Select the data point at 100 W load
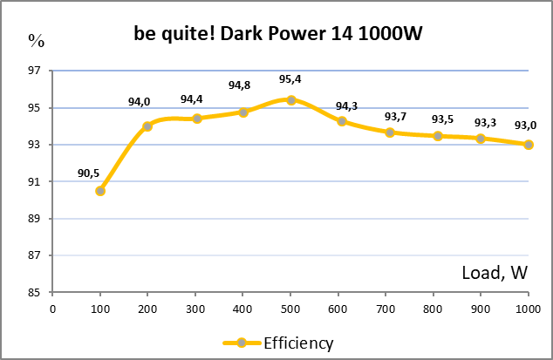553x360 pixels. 100,191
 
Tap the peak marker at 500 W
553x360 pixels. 291,100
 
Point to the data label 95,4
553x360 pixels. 290,79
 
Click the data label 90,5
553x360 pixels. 89,173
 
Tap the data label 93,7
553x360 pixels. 396,117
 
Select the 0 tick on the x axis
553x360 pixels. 52,309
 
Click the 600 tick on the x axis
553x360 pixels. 338,309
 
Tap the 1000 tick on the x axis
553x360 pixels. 526,309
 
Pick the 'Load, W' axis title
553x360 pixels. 495,273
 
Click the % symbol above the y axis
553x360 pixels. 36,40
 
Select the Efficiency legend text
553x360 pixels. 299,343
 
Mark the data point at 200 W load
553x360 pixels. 147,126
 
